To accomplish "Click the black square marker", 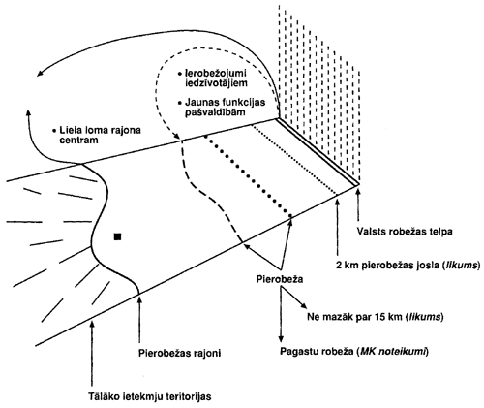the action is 117,236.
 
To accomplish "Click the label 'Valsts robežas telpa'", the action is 405,232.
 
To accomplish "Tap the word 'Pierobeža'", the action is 280,279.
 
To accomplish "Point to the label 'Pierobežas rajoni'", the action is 180,353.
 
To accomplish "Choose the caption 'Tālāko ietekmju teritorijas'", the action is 150,396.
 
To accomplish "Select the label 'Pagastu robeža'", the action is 317,352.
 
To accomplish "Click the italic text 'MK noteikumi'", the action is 393,352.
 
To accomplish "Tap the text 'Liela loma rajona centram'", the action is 101,136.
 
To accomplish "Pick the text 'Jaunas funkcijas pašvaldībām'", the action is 225,108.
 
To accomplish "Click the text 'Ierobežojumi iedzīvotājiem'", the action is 216,78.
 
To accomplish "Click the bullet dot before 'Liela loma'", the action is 54,131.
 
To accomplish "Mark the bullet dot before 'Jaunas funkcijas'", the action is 179,103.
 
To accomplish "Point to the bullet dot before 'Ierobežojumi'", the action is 179,74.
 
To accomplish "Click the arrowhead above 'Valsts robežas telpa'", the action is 358,193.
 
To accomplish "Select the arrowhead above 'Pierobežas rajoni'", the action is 139,300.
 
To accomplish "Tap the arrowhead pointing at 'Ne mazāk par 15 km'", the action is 303,306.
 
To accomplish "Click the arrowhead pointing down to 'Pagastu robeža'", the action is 281,338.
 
